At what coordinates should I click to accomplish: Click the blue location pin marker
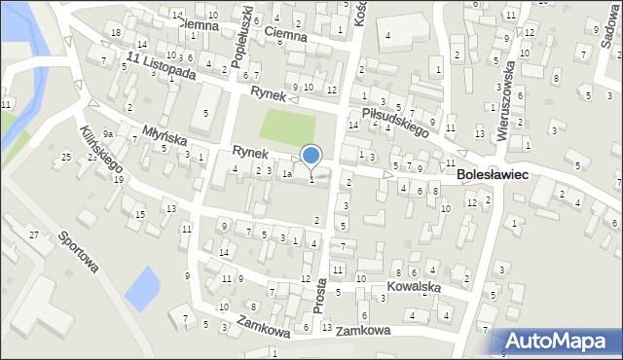click(311, 156)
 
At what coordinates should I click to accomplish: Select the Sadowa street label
click(610, 24)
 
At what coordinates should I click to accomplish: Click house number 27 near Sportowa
click(34, 235)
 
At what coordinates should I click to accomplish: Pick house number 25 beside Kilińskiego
click(66, 157)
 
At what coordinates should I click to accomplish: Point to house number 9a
click(109, 134)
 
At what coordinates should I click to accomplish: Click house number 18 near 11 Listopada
click(115, 33)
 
